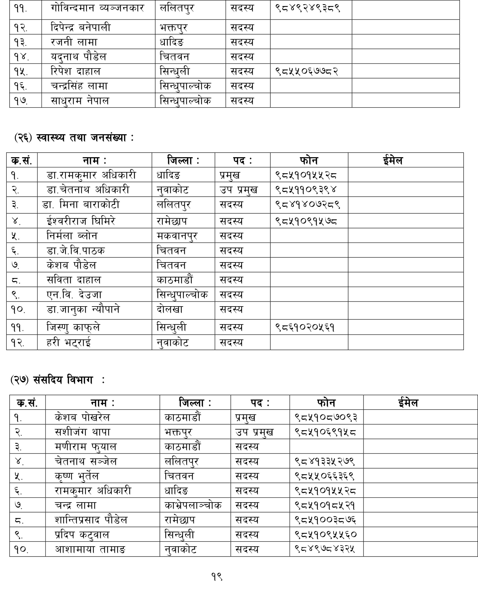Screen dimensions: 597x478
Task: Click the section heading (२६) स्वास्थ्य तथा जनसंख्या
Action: tap(74, 138)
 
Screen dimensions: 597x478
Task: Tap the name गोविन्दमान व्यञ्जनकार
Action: tap(97, 8)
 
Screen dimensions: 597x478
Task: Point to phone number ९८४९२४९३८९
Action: tap(307, 8)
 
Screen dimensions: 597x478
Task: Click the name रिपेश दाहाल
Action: tap(75, 71)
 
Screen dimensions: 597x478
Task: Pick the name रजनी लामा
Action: tap(74, 42)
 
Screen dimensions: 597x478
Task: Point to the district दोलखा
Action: tap(170, 309)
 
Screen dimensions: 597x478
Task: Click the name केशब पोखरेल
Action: tap(82, 417)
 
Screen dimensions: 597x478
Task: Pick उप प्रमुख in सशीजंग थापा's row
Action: tap(254, 432)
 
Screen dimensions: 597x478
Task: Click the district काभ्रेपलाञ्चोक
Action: tap(193, 505)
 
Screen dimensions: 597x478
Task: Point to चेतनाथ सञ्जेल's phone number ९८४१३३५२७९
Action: tap(325, 461)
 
